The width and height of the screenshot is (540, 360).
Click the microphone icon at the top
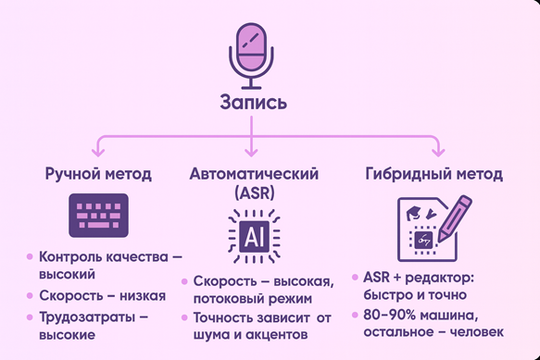[253, 53]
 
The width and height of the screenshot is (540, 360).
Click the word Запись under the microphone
[253, 101]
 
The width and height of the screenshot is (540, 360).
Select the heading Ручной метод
[98, 174]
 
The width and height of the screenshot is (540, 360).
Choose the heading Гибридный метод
[421, 174]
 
